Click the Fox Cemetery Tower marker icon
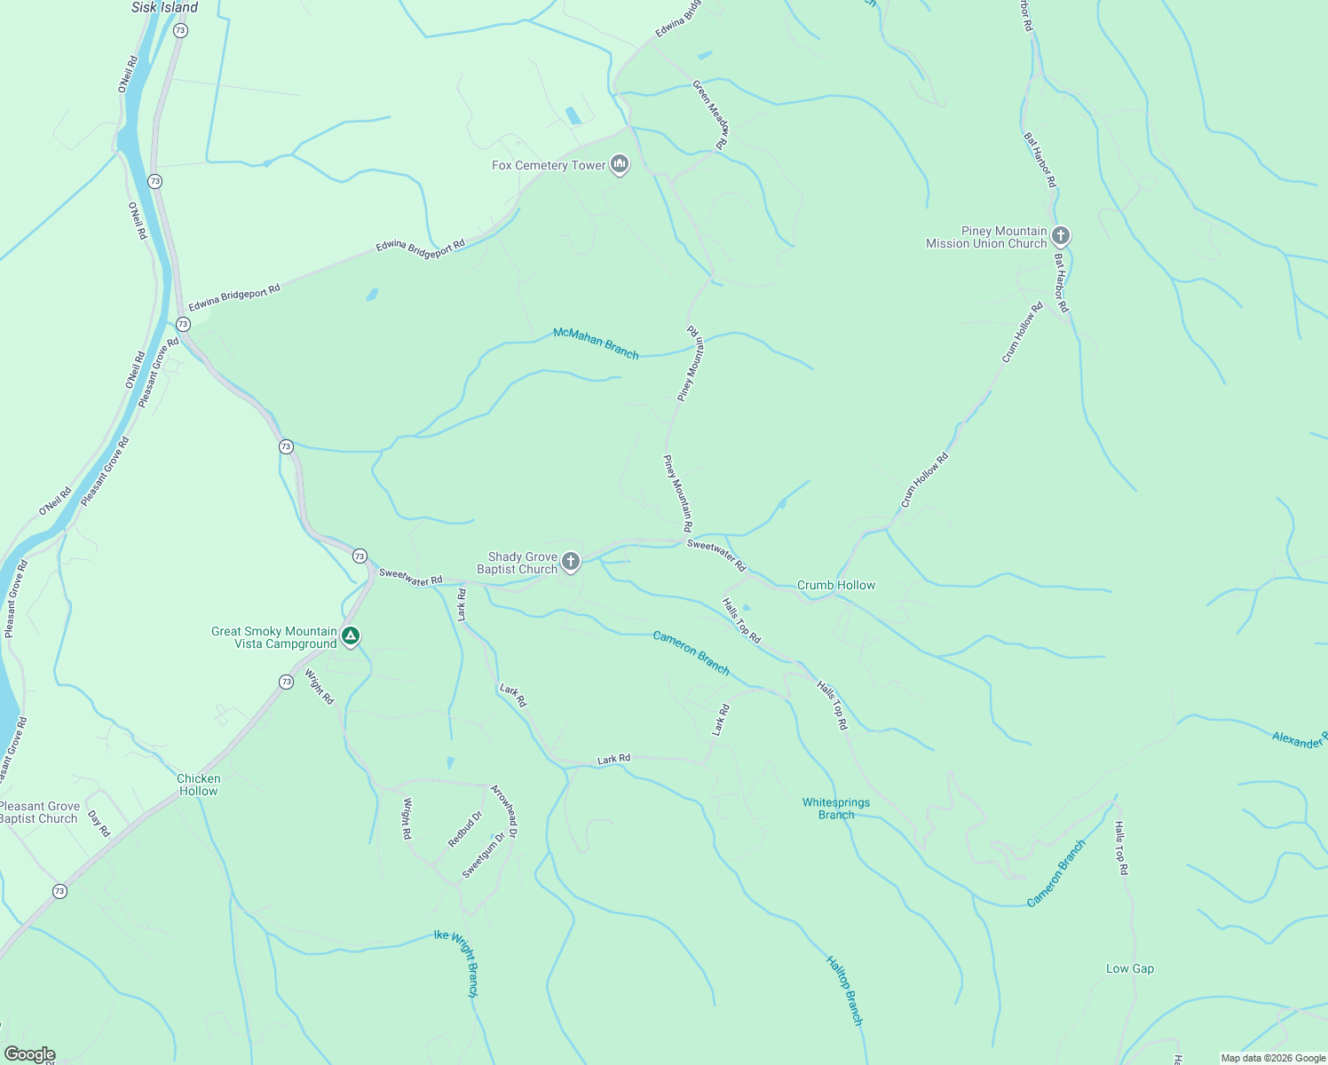620,164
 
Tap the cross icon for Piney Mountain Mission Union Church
1060,236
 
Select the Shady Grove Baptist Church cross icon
571,561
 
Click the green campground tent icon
351,635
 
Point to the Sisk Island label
164,7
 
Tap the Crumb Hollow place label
835,585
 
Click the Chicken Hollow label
198,785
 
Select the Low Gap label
1129,968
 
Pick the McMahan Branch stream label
596,343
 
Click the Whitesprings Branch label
835,809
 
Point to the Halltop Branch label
844,990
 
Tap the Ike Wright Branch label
456,964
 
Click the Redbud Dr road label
465,829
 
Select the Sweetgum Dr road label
483,855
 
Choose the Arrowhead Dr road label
504,810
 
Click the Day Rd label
99,824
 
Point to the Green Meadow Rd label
711,114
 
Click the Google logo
29,1054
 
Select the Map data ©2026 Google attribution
1272,1058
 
